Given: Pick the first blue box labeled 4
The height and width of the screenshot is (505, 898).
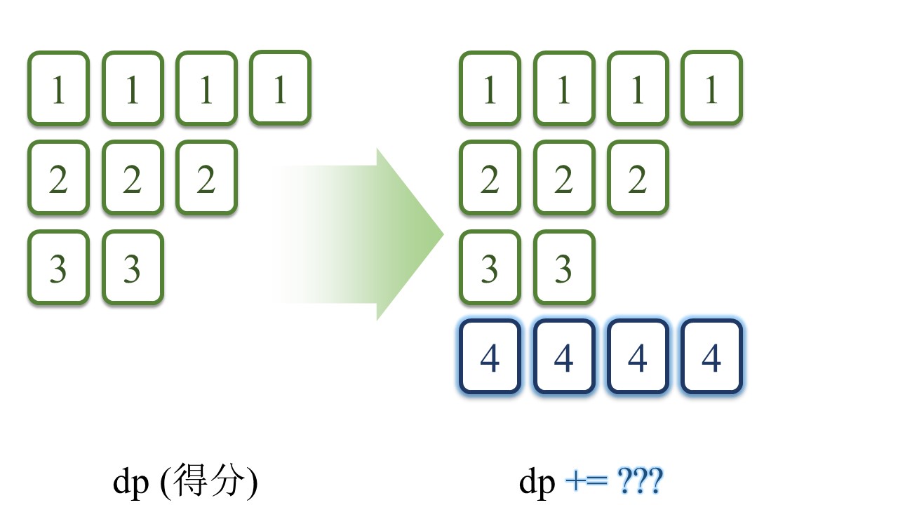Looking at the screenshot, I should click(x=490, y=357).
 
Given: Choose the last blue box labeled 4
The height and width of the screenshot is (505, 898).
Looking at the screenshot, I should click(x=711, y=357).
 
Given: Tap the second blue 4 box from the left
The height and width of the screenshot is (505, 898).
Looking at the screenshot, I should click(x=563, y=357).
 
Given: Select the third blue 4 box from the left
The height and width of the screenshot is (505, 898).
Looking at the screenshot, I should click(x=637, y=357).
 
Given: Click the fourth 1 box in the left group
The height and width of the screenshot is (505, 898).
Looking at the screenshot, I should click(x=280, y=88).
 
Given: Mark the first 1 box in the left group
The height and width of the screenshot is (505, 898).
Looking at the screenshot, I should click(x=58, y=88).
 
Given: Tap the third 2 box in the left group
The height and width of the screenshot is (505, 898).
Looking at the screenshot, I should click(x=206, y=178).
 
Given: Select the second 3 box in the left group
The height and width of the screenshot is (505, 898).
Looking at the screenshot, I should click(x=133, y=267).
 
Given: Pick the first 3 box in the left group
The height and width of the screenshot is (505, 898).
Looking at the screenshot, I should click(x=58, y=267).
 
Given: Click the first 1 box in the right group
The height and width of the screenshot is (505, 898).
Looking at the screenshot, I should click(x=490, y=88).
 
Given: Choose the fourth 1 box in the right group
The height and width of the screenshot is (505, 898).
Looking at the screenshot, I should click(x=711, y=88).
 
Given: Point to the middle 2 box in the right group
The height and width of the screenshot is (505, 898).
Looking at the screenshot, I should click(x=563, y=178).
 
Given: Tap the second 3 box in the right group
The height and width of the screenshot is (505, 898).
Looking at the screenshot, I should click(x=563, y=267).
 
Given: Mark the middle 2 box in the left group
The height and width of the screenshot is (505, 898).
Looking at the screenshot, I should click(x=133, y=178).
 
